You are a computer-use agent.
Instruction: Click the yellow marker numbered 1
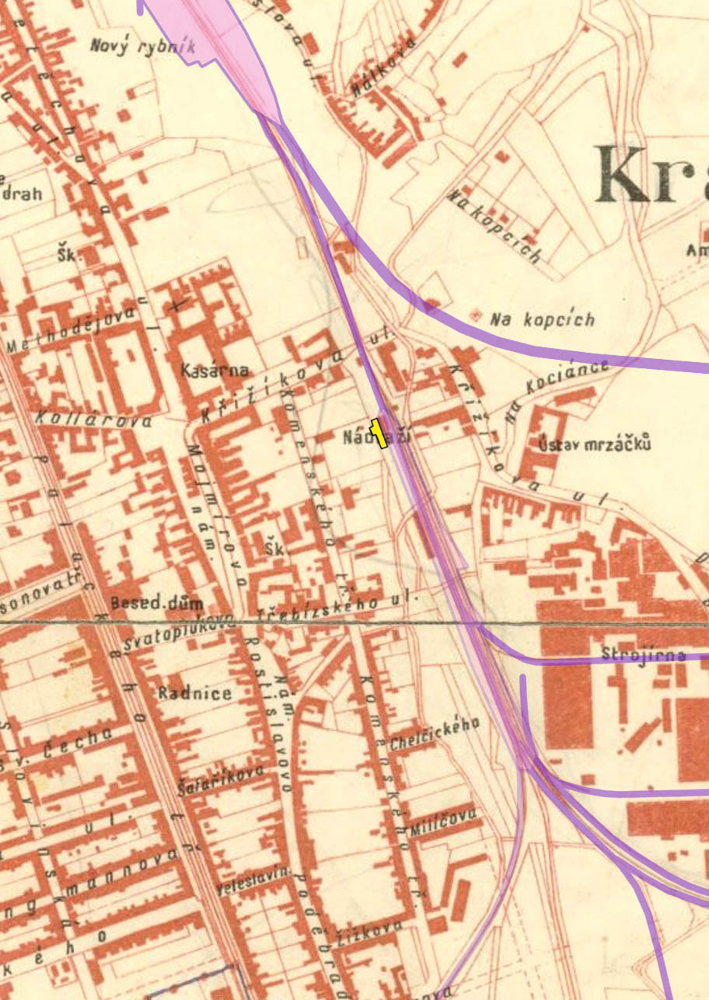tap(379, 433)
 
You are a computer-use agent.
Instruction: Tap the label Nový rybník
tap(142, 47)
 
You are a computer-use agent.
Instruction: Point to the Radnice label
tap(194, 693)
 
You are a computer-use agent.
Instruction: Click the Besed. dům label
tap(156, 603)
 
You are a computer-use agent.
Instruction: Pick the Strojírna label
tap(644, 655)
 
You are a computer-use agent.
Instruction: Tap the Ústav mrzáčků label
tap(595, 444)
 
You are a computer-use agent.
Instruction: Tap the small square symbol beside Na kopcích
tap(476, 314)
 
